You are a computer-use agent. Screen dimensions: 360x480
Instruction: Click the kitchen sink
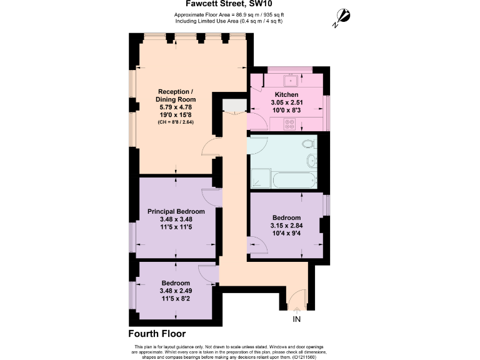pos(291,81)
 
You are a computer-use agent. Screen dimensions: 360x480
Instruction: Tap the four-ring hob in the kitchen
pos(290,124)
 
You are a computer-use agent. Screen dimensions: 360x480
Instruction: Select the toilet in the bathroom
pos(307,144)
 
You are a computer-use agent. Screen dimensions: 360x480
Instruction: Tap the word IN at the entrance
pos(296,319)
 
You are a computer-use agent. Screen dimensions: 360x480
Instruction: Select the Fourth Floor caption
pos(156,333)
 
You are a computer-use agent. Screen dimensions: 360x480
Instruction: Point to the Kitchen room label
pos(287,94)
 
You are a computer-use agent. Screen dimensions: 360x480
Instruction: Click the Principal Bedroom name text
pos(176,211)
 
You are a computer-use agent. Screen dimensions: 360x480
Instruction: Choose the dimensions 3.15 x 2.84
pos(286,226)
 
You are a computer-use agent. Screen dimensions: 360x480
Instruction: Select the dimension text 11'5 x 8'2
pos(176,298)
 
